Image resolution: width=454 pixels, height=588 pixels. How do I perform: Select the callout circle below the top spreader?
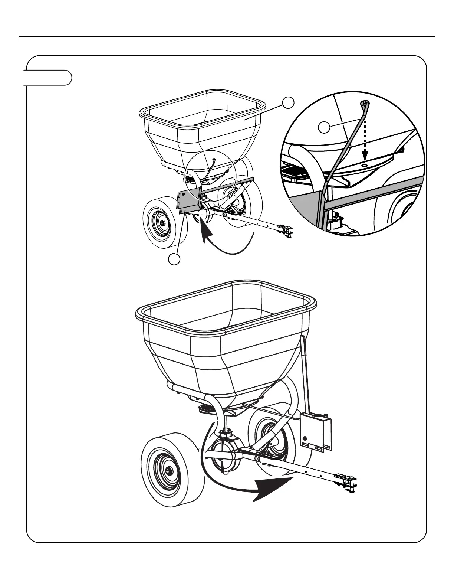coord(174,259)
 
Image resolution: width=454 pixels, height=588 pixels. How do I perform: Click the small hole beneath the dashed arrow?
coord(365,163)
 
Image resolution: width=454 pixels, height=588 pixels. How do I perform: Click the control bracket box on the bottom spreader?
coord(315,431)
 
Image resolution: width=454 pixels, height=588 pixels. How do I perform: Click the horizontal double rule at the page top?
coord(227,38)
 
